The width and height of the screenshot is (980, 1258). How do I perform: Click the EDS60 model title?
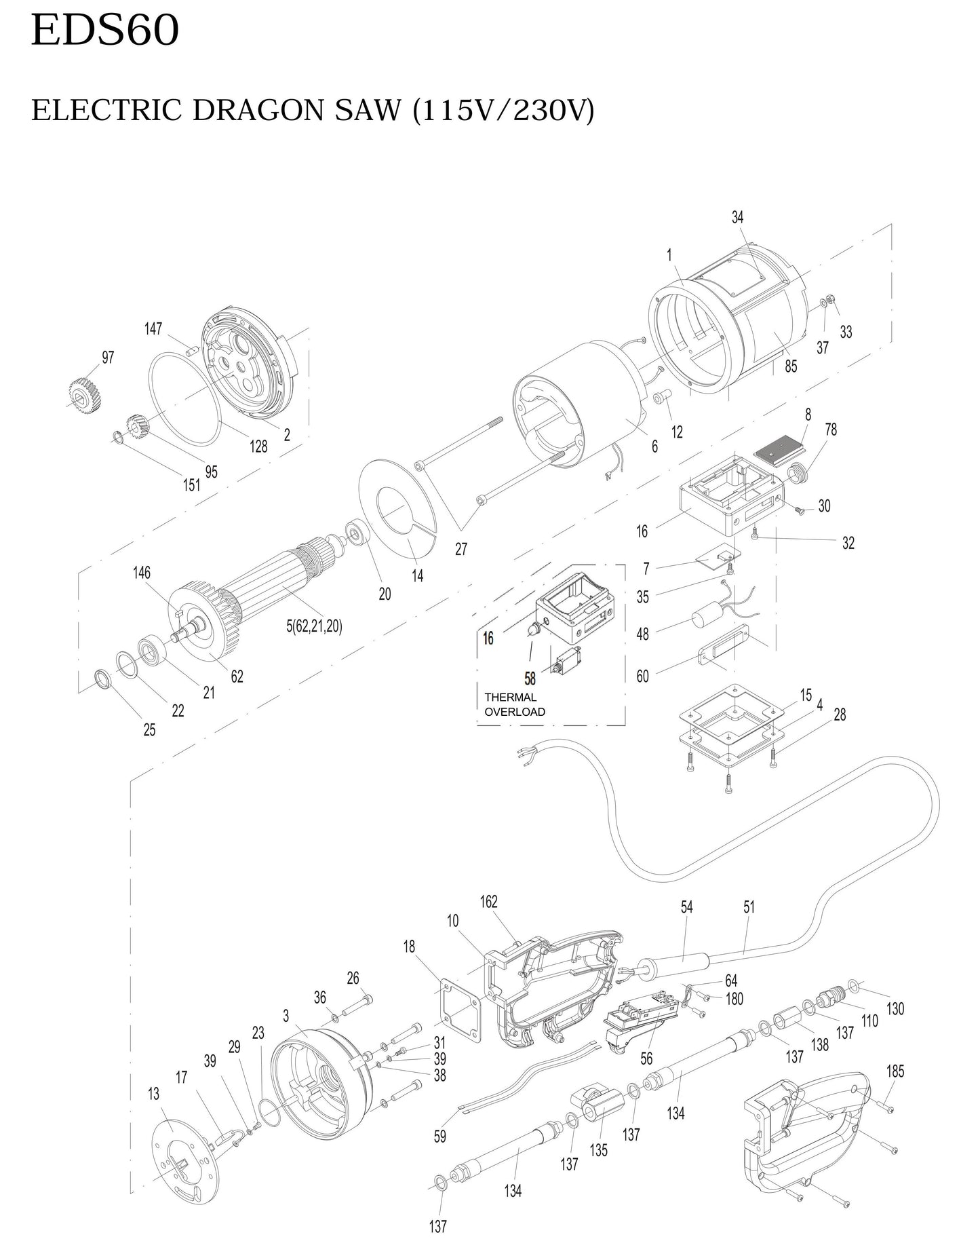coord(104,31)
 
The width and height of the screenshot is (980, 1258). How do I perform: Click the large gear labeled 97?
coord(84,396)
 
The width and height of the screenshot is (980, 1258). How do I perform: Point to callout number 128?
coord(258,446)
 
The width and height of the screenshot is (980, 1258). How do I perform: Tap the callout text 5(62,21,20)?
coord(314,626)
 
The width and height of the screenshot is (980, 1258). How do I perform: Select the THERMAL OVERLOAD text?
coord(515,704)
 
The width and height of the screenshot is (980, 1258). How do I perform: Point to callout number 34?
coord(737,217)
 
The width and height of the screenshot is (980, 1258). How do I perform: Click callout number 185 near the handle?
coord(895,1071)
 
